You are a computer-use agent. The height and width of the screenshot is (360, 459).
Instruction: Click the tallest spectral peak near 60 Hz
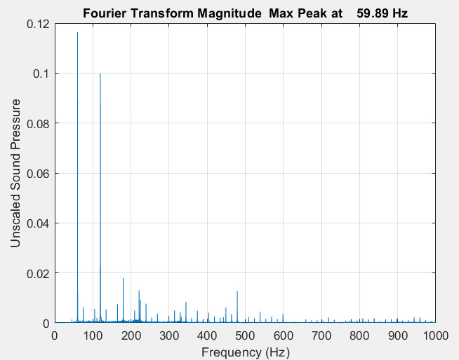coord(77,33)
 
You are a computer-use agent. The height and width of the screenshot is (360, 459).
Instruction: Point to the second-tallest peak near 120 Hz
coord(100,74)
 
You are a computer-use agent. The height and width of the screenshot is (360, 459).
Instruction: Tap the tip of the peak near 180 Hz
coord(123,279)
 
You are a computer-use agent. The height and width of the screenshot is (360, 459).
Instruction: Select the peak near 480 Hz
coord(237,291)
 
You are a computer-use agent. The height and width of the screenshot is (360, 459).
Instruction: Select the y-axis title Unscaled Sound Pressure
coord(15,172)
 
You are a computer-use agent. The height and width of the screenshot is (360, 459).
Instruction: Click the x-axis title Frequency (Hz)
coord(245,352)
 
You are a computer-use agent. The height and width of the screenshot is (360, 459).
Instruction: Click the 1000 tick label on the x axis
coord(435,335)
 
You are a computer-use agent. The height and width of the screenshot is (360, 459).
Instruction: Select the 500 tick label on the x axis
coord(245,335)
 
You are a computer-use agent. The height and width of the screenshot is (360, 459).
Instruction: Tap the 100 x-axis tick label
coord(93,335)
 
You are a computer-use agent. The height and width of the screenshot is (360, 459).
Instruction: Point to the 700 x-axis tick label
coord(321,335)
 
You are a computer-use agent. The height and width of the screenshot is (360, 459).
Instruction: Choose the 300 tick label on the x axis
coord(169,335)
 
